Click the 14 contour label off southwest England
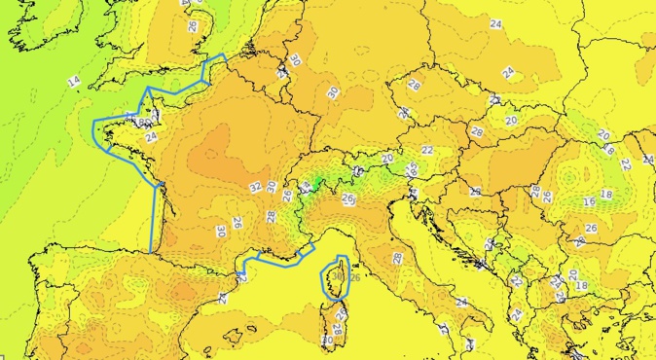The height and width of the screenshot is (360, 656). click(74, 80)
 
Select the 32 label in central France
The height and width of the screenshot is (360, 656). click(255, 187)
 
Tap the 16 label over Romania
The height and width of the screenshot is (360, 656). click(588, 201)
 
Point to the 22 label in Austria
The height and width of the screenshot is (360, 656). click(427, 150)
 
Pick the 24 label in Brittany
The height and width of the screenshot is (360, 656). click(150, 137)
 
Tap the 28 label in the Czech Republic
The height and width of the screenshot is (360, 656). click(413, 86)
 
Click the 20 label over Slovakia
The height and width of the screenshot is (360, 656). click(512, 120)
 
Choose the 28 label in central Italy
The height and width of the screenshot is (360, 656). click(397, 257)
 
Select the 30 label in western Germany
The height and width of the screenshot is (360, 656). click(332, 91)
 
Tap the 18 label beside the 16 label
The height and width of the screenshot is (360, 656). click(606, 195)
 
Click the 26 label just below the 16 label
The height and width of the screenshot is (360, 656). click(590, 228)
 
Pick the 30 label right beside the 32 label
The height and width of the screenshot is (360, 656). click(272, 186)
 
